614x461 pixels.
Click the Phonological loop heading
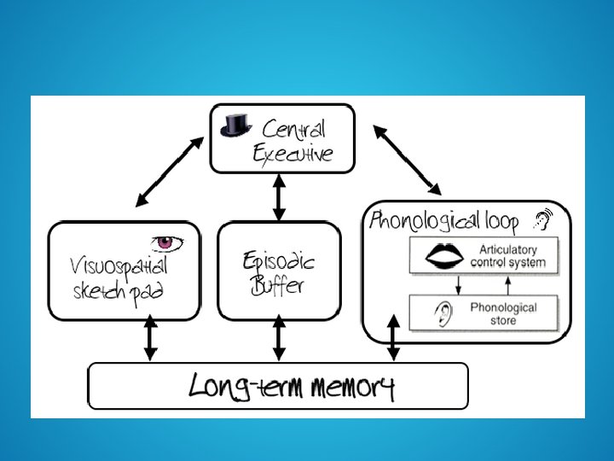click(443, 222)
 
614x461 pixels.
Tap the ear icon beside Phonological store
click(441, 313)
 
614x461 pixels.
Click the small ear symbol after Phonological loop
click(541, 222)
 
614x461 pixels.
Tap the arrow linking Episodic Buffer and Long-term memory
click(277, 341)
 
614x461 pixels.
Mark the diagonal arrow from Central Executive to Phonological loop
click(407, 159)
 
